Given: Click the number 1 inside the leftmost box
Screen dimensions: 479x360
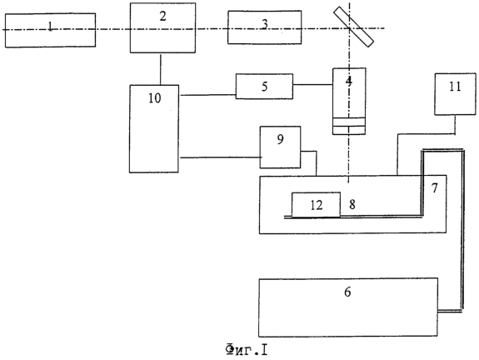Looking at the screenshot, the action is point(51,27).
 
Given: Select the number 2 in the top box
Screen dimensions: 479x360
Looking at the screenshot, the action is point(162,16).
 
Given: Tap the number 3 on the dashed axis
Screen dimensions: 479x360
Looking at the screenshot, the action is point(265,24).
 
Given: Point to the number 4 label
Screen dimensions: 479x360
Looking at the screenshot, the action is point(348,82).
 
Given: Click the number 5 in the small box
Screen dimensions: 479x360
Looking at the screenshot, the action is point(265,87).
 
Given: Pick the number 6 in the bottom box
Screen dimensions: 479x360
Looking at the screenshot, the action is point(347,292).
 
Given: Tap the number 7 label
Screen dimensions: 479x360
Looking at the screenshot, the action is point(434,188).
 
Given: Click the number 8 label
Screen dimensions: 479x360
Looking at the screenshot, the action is point(352,204).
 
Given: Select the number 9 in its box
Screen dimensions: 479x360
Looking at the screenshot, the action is point(280,139).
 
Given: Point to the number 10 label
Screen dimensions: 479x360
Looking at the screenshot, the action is point(155,98).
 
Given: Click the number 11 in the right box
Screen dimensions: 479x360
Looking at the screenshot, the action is point(455,87).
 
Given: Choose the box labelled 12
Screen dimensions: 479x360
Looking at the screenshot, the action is point(316,205).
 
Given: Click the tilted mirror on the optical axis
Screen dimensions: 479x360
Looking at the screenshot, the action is point(353,27).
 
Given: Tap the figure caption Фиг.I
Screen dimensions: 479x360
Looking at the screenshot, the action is point(247,350).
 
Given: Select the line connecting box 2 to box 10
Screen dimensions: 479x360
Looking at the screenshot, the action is point(161,69).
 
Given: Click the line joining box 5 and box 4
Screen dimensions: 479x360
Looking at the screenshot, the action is point(313,84).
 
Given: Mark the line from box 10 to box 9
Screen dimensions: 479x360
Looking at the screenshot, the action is point(220,157).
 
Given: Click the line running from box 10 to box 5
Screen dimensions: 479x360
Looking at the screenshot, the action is point(208,95).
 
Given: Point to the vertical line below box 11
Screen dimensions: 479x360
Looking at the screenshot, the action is point(455,124).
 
